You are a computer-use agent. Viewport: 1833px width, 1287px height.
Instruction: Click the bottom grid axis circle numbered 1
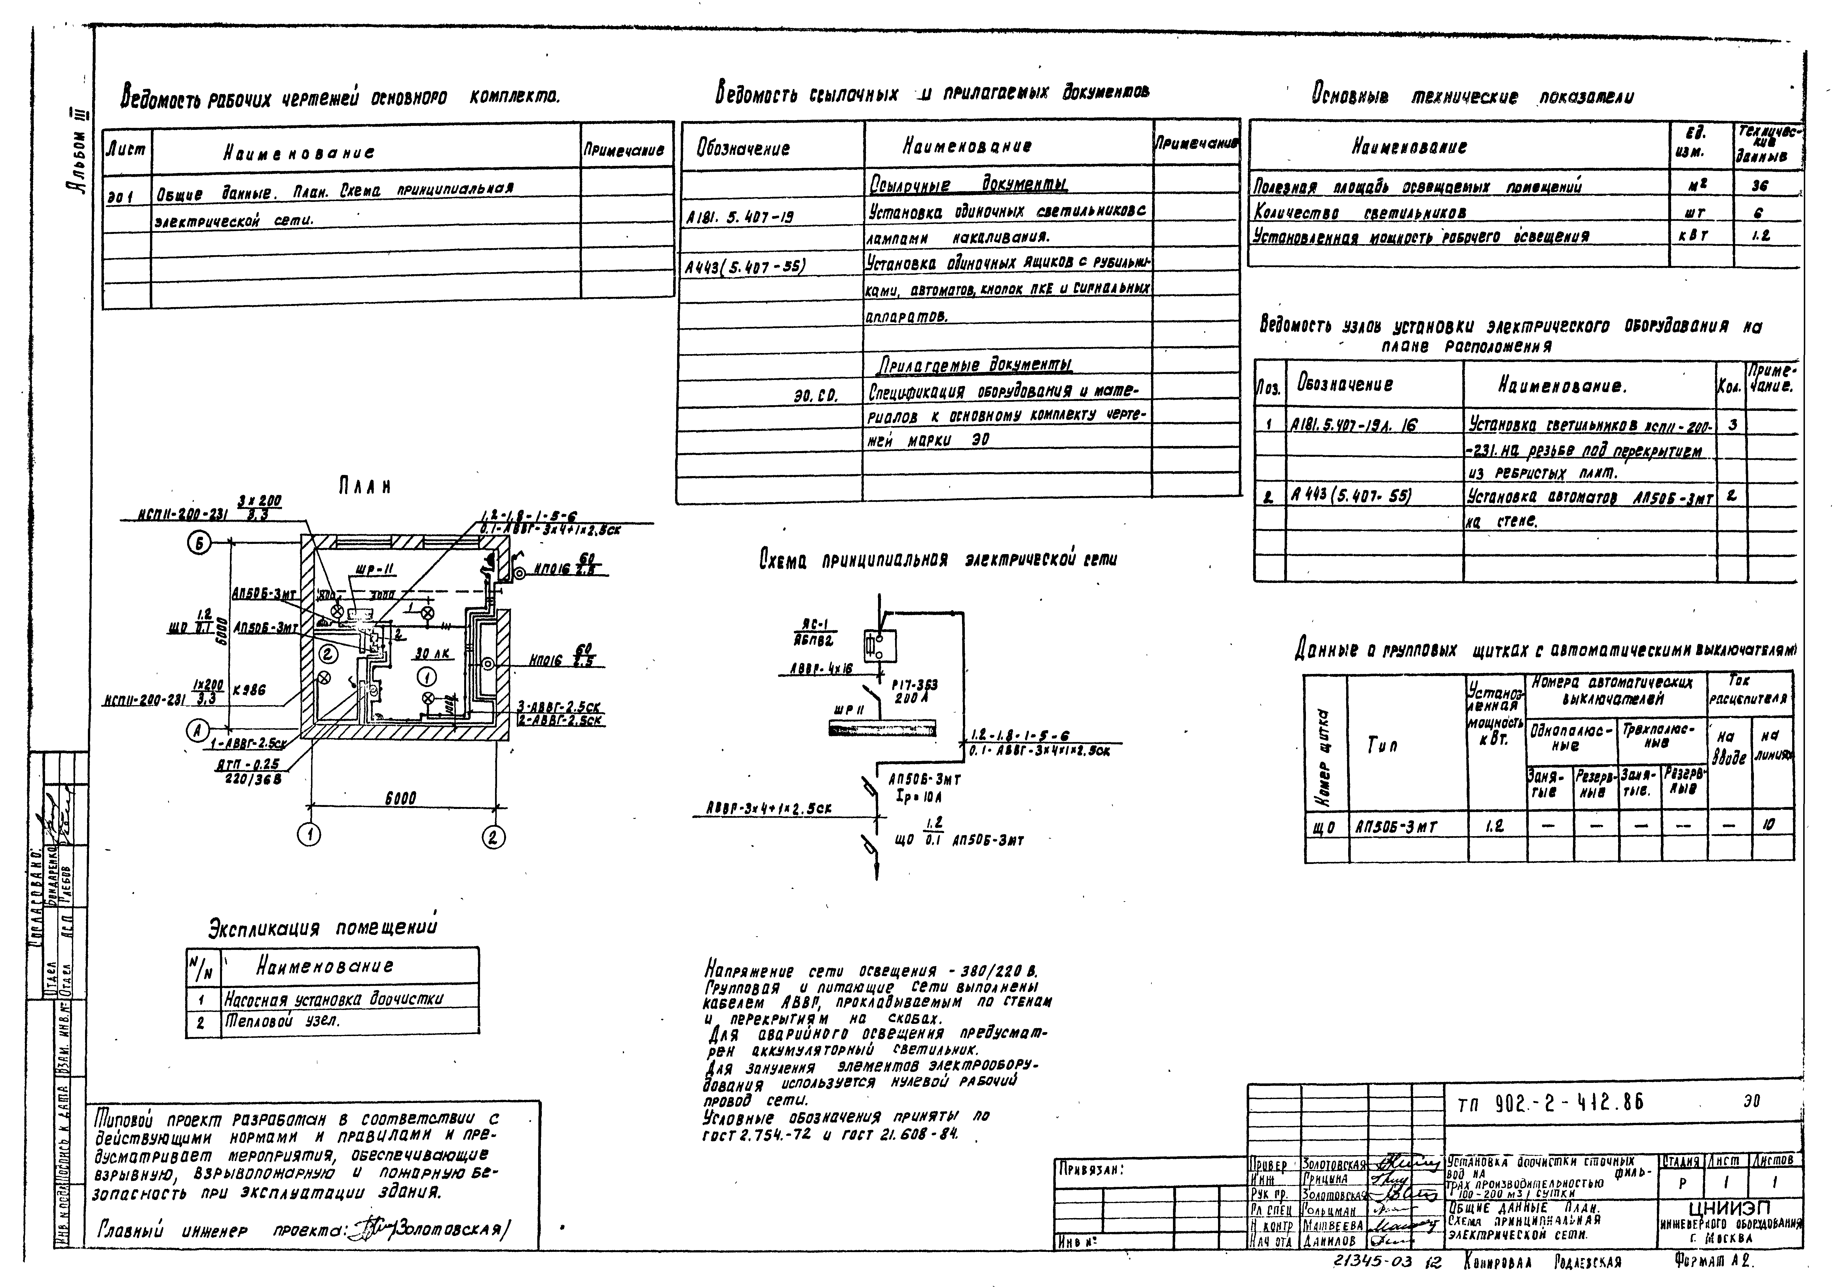point(309,835)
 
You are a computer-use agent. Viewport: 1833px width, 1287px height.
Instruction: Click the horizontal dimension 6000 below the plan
point(400,798)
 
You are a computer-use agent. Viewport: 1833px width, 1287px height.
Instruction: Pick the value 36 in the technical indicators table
point(1760,186)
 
